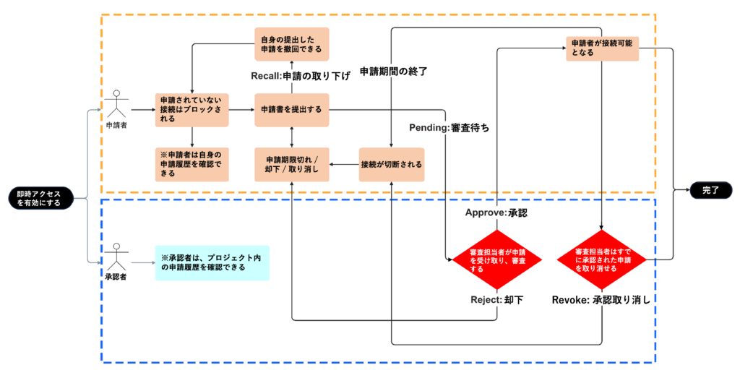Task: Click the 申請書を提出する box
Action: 291,110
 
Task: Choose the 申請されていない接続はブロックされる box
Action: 192,110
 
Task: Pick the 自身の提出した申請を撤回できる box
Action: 291,44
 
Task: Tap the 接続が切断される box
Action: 391,164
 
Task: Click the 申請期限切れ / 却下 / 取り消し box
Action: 291,164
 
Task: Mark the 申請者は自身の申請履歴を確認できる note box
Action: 192,164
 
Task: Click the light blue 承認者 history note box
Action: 212,262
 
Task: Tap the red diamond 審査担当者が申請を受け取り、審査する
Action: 496,258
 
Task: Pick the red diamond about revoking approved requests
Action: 601,258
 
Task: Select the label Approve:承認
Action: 496,215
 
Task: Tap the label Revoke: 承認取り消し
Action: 601,299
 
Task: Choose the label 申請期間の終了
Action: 394,72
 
